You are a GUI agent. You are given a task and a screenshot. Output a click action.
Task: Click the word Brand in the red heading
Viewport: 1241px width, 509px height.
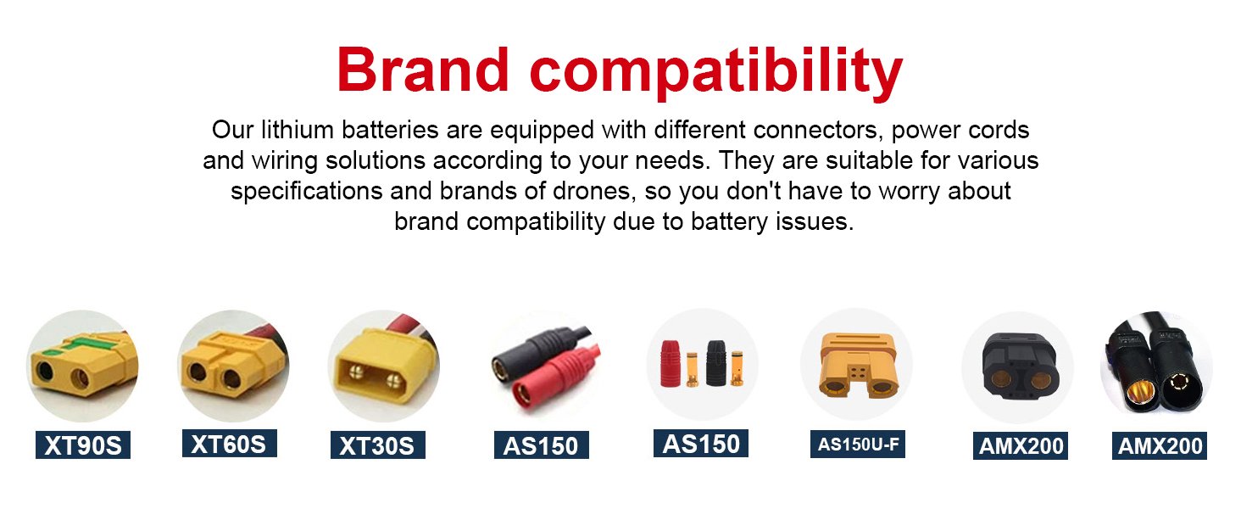pos(423,70)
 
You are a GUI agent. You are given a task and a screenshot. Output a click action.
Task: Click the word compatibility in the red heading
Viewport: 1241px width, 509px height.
pos(716,73)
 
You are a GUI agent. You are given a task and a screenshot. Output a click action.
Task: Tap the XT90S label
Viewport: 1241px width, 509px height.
pos(83,445)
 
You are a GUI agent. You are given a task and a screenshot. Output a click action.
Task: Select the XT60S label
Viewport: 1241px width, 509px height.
pos(230,444)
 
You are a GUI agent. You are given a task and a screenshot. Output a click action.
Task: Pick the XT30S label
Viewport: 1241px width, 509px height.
pos(378,445)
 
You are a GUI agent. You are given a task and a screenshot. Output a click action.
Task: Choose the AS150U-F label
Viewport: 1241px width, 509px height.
pos(858,444)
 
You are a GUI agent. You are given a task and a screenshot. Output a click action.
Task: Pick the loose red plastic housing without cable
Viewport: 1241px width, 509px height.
pos(671,364)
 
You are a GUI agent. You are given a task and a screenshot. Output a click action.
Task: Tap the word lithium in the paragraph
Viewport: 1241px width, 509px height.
pos(298,130)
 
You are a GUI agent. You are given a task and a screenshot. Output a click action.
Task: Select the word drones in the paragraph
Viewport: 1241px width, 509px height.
pos(594,191)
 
